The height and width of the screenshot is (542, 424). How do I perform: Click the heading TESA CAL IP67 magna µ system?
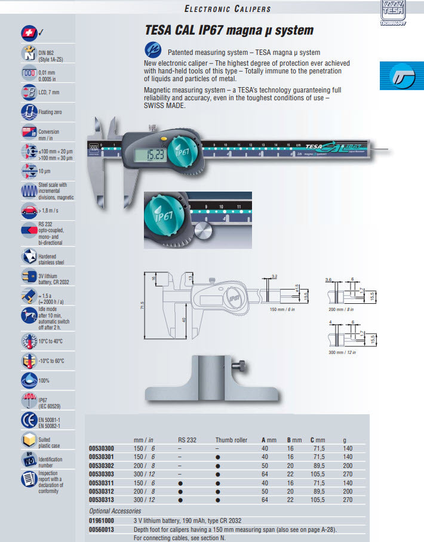pos(229,30)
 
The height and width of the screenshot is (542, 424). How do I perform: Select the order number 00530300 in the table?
pos(101,448)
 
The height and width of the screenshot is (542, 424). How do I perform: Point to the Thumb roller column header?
pos(231,440)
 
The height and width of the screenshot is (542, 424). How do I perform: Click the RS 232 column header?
pos(187,440)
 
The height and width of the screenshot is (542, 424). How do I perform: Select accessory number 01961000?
pos(101,521)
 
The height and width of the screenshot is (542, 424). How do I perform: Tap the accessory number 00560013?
pos(101,529)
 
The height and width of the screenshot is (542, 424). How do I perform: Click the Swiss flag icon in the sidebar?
pos(27,32)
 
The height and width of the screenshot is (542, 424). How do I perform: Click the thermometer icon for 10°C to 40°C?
pos(28,341)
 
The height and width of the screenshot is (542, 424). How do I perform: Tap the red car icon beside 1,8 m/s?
pos(28,210)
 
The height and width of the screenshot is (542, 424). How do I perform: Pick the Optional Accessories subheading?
pos(115,511)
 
